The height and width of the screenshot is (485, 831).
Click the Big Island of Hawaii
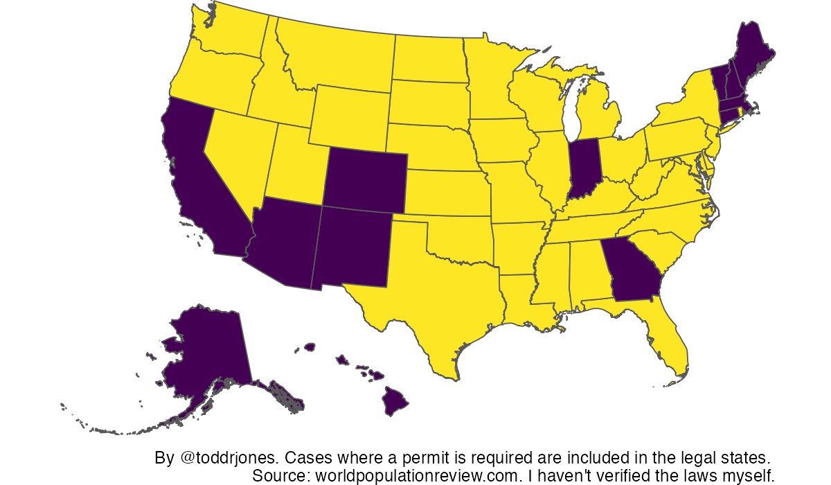[397, 402]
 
